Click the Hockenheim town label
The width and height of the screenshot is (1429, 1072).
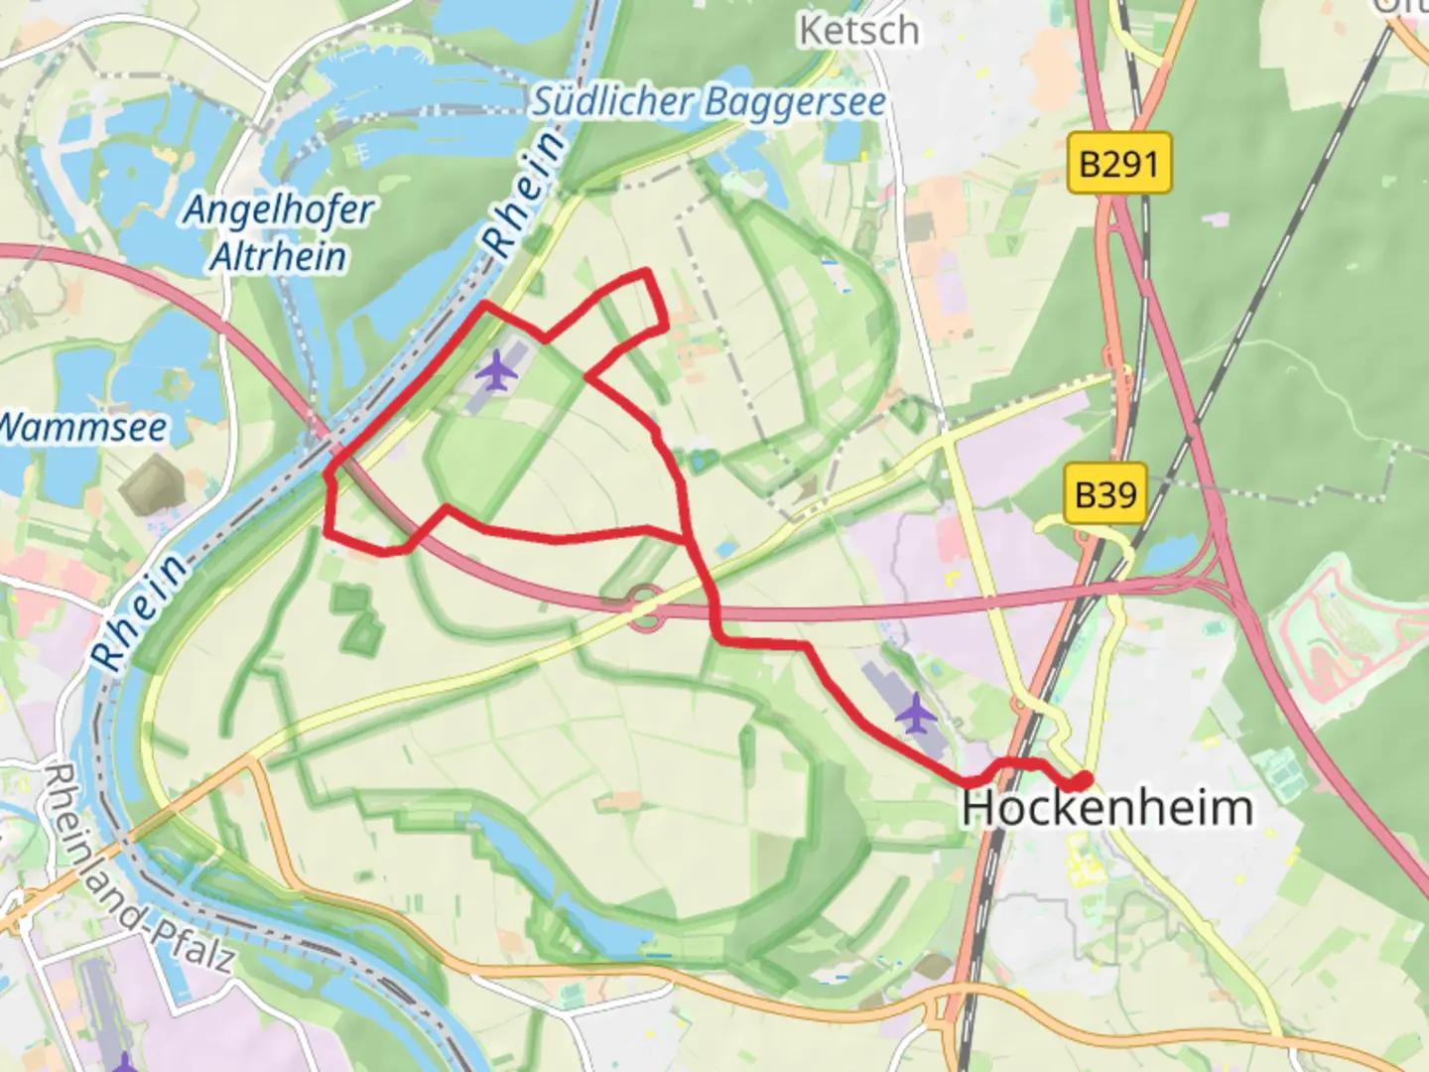tap(1106, 807)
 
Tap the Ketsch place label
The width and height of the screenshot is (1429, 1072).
tap(859, 31)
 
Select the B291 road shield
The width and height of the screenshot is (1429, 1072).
tap(1118, 163)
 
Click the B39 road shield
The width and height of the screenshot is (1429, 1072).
tap(1104, 493)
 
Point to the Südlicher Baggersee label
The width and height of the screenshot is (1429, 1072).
tap(709, 102)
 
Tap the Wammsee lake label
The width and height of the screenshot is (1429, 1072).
tap(81, 428)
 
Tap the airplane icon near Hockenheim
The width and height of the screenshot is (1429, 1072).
tap(915, 712)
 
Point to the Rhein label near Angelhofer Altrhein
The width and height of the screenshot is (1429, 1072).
tap(523, 195)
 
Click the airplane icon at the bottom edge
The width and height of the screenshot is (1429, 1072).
tap(124, 1063)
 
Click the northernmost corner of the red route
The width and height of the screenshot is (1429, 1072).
tap(646, 270)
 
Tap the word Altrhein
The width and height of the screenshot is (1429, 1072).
tap(279, 256)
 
